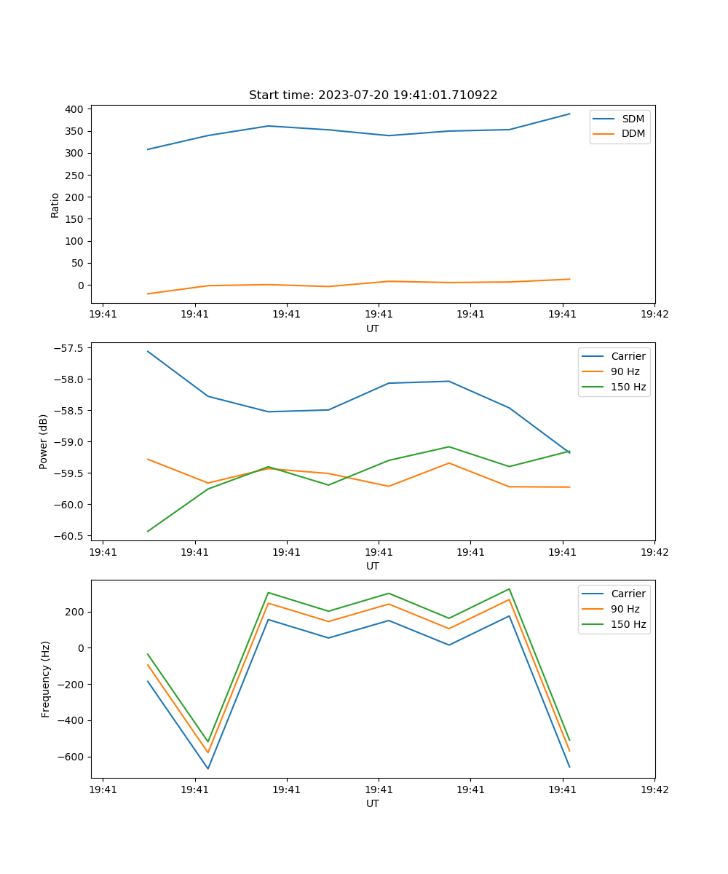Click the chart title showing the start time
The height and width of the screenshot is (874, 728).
coord(373,95)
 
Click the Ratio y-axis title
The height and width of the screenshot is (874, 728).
coord(55,205)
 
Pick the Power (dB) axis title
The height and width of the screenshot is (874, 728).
coord(44,441)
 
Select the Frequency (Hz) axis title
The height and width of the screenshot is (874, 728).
coord(45,679)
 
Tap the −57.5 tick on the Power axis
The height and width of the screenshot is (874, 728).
coord(70,348)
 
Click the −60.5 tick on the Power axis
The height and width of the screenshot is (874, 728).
coord(70,536)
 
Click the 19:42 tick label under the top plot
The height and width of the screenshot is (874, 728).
coord(654,315)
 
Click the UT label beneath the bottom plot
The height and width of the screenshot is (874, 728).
coord(373,803)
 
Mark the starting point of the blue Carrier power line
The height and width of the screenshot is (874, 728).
coord(148,351)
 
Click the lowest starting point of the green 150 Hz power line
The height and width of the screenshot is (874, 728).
coord(148,531)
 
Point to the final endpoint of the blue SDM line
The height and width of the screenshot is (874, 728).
coord(569,114)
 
